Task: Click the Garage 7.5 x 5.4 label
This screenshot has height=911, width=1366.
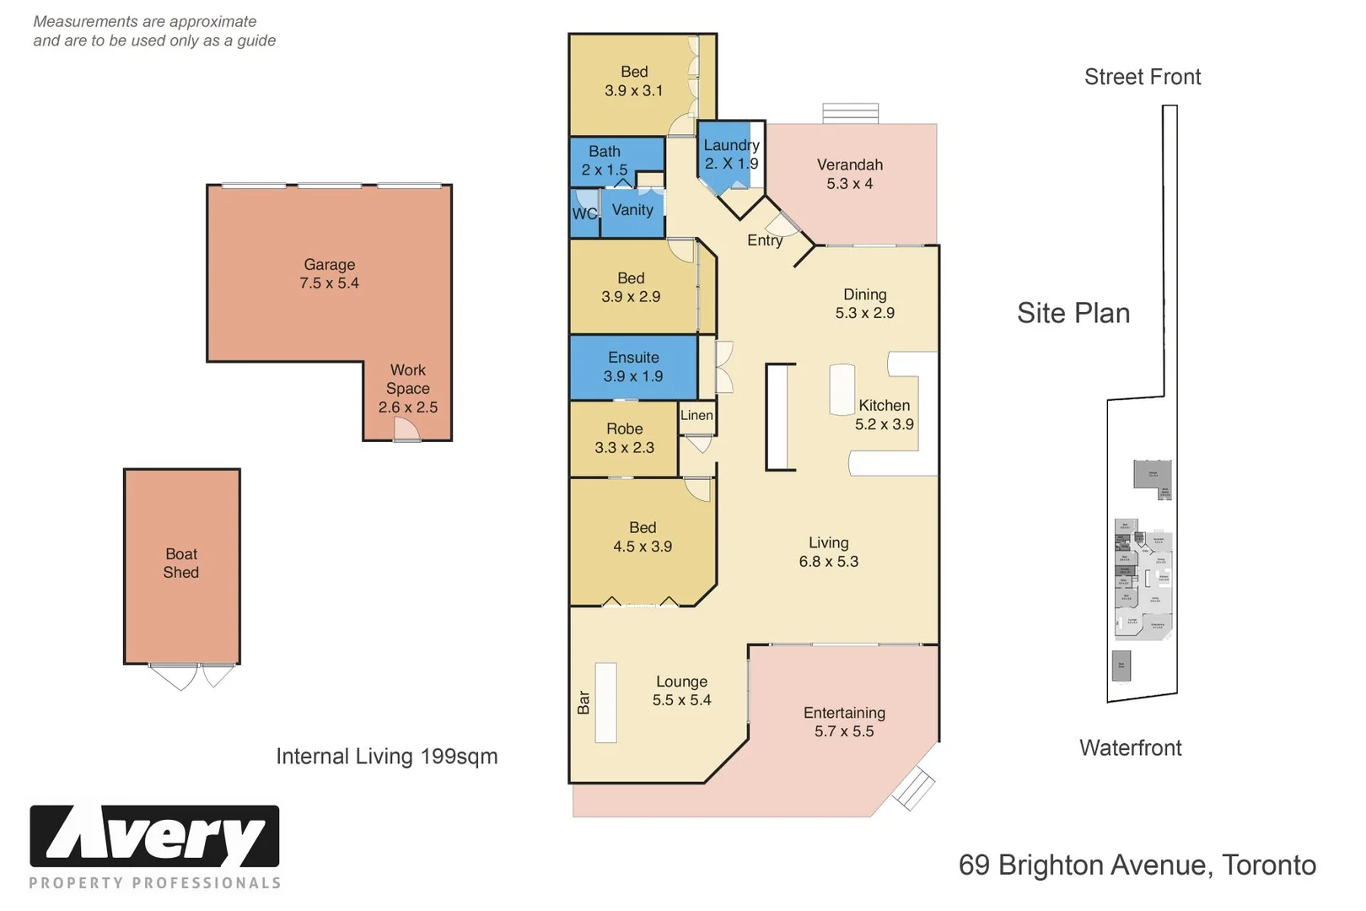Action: click(329, 274)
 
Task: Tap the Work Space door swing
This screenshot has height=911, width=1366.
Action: click(406, 429)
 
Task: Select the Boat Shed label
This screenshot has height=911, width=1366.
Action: click(181, 563)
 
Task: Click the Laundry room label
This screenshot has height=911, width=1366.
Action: click(731, 154)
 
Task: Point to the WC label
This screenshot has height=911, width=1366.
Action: click(584, 213)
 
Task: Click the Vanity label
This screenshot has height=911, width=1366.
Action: click(632, 210)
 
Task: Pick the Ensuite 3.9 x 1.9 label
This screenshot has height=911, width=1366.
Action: click(633, 367)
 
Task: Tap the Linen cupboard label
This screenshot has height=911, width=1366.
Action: click(696, 415)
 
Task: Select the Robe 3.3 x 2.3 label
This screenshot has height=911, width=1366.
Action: click(624, 438)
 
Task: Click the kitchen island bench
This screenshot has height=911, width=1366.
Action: click(842, 389)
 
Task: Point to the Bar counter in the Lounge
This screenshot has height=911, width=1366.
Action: click(605, 703)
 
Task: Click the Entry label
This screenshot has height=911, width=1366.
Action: click(765, 240)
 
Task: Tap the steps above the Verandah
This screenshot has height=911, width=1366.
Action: click(850, 113)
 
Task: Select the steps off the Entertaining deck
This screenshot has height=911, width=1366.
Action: click(913, 790)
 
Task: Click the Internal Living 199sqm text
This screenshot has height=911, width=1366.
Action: click(387, 757)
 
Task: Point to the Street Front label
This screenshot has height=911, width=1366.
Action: click(1142, 77)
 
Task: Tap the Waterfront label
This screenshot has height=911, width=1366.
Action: click(1130, 748)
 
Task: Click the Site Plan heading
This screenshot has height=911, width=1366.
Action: click(1073, 313)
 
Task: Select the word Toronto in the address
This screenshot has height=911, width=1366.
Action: click(1268, 865)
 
